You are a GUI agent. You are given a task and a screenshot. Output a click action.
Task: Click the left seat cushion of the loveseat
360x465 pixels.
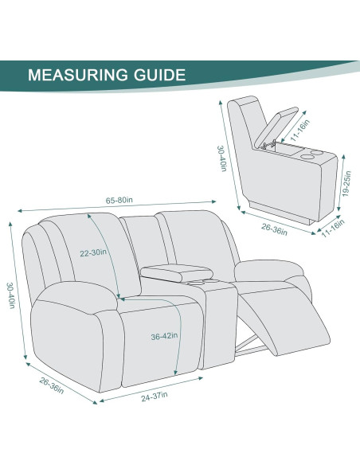point(151,307)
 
